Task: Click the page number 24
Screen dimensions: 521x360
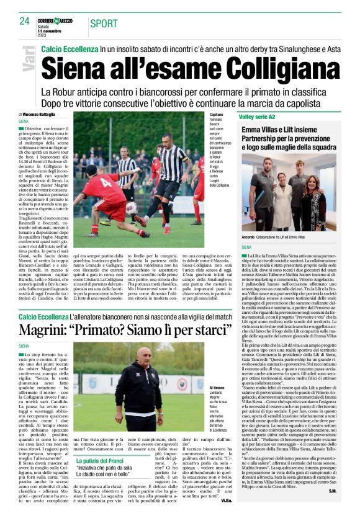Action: click(x=25, y=20)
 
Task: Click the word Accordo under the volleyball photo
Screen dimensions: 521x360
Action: click(x=249, y=236)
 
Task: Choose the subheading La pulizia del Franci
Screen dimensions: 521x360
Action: click(x=101, y=460)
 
